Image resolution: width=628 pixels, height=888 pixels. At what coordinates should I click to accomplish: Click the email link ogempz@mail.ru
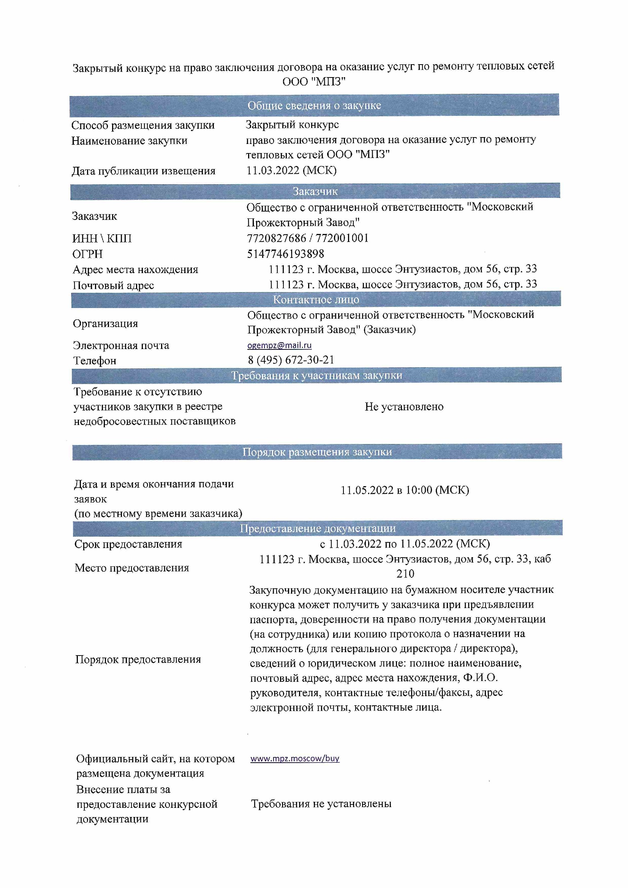(x=279, y=345)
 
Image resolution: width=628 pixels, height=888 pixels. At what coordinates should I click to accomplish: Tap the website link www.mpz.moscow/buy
(x=294, y=758)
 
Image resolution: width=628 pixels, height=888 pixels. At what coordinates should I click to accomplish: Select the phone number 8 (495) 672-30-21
(x=291, y=360)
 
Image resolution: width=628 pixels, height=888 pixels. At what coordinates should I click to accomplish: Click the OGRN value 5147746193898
(x=286, y=254)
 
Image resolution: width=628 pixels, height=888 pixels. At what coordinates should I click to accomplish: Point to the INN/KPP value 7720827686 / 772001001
(x=308, y=238)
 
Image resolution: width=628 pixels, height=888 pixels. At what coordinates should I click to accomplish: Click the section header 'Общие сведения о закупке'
(x=314, y=105)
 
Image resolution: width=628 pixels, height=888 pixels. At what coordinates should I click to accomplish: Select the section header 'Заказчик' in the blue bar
(x=315, y=191)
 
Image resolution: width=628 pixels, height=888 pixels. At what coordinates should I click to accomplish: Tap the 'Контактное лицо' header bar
(x=316, y=299)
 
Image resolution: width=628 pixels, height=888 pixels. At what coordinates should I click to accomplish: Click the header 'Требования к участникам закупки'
(x=316, y=375)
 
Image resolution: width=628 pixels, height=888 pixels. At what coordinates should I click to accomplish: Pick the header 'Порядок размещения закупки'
(x=317, y=452)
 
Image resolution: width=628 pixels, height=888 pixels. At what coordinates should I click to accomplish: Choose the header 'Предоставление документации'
(x=317, y=528)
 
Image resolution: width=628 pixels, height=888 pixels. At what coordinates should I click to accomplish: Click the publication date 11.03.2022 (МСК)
(x=291, y=170)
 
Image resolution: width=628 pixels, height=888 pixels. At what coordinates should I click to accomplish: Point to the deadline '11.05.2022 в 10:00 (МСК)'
(x=404, y=490)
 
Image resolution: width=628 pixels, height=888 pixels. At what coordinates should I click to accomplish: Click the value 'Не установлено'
(x=404, y=406)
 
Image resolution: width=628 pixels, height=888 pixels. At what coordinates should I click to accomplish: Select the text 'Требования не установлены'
(x=321, y=804)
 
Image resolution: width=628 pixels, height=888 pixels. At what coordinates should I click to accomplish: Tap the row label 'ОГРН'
(x=87, y=254)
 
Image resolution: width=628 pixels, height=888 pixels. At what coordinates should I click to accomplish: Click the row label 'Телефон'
(x=95, y=360)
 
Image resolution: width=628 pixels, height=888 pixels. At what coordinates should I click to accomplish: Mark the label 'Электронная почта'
(x=121, y=345)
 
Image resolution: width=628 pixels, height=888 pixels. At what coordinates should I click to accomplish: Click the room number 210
(x=405, y=574)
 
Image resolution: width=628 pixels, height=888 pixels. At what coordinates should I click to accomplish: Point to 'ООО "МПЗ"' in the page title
(x=314, y=82)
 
